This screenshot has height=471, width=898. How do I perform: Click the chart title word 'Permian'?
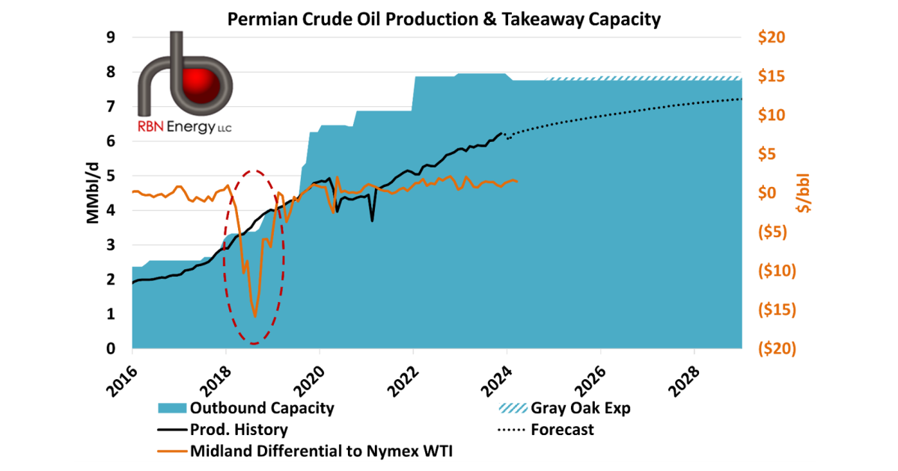coord(262,19)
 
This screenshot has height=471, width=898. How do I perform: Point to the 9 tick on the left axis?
coord(111,37)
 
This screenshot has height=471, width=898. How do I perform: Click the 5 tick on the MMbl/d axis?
coord(111,176)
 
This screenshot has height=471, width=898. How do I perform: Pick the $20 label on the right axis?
coord(772,37)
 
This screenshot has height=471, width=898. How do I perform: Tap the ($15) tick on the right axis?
coord(777,310)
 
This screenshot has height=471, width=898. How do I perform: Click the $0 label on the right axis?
coord(767,193)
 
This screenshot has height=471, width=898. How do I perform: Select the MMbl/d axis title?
coord(93,193)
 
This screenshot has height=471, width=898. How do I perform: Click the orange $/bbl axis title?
coord(804,193)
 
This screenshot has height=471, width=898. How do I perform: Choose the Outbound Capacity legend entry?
coord(246,408)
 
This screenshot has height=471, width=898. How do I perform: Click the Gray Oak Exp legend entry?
coord(564,408)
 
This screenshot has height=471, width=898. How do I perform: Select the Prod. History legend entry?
coord(222,430)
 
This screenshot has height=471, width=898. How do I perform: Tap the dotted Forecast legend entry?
coord(546,430)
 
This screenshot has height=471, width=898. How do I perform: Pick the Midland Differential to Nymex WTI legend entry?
coord(305,451)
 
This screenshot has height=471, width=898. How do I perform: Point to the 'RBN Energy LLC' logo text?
coord(184,127)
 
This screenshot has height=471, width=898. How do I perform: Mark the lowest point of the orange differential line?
coord(255,317)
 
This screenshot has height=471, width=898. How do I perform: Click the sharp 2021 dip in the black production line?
coord(373,221)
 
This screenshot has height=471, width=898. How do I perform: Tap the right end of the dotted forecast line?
coord(741,99)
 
